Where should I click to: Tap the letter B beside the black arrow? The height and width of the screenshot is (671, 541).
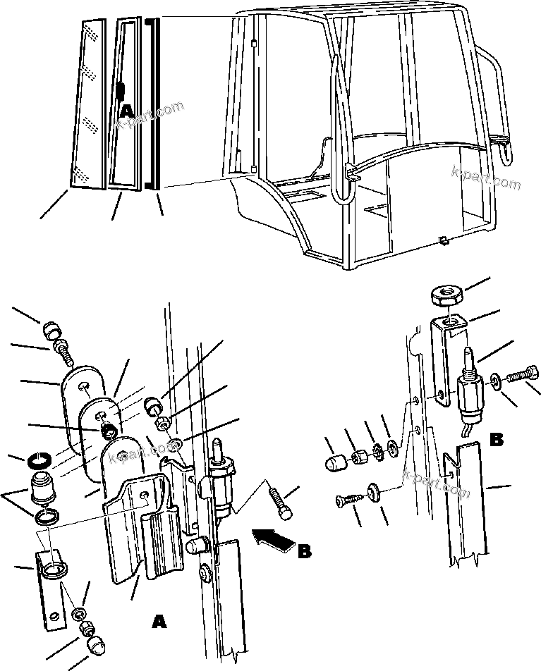(304, 550)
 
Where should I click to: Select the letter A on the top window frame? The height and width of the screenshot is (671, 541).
(126, 111)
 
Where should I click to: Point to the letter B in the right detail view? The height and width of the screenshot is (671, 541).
(497, 441)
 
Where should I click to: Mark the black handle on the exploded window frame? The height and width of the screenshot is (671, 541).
(121, 91)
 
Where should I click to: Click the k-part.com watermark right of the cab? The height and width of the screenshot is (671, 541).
(487, 178)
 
